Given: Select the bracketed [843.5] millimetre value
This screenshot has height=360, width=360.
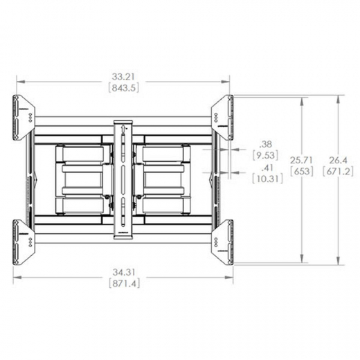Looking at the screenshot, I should tap(122, 88).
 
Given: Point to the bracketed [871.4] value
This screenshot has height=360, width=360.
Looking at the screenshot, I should tap(122, 284).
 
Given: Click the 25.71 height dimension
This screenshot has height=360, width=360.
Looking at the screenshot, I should tap(303, 160).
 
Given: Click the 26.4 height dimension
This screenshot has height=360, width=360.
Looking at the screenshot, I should tap(339, 160).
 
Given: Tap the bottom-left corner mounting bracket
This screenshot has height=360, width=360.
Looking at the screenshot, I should tap(24, 242).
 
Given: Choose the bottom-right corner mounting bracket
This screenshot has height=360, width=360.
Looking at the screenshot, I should tap(222, 242).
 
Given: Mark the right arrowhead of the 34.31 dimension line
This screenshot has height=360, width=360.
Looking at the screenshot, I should tap(230, 278).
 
